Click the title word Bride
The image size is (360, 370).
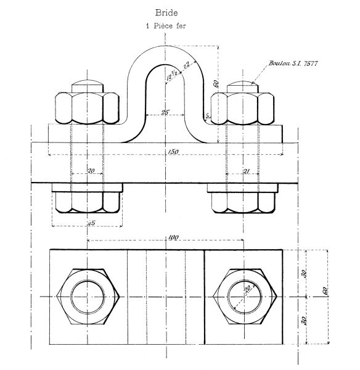point(166,12)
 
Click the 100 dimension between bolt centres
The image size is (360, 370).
point(173,237)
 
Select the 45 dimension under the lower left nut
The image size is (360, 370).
point(91,223)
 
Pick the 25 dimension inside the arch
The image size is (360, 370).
point(165,112)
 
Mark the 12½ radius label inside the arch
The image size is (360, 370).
point(172,76)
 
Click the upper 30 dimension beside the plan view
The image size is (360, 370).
point(302,273)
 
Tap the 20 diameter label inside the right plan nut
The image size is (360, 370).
point(248,290)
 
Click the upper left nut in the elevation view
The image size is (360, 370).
point(88,107)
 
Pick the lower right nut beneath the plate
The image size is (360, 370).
point(243,202)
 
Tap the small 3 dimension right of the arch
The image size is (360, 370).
point(208,115)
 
